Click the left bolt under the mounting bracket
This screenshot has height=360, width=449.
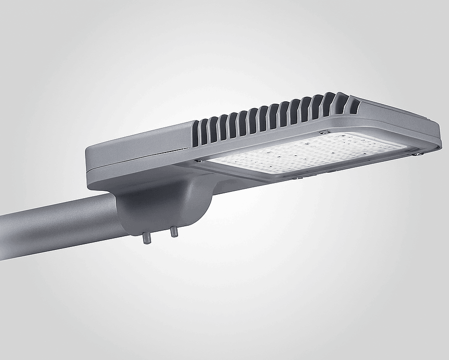coord(147,238)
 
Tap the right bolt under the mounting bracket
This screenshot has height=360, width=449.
coord(174,232)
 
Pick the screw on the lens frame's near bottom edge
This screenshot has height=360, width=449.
coord(295,178)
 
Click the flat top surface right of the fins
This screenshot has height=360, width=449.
coord(393,110)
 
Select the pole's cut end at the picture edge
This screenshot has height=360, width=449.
coord(2,236)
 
